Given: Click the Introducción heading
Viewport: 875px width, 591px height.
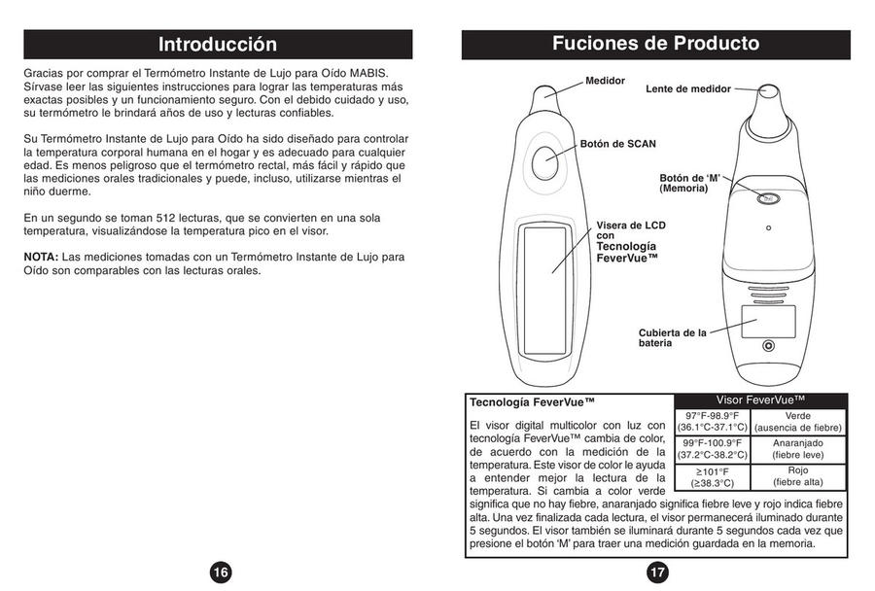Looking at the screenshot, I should pyautogui.click(x=218, y=45).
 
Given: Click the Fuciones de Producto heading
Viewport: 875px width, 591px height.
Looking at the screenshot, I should pyautogui.click(x=655, y=44).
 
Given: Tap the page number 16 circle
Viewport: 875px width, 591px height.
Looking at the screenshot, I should pyautogui.click(x=221, y=573).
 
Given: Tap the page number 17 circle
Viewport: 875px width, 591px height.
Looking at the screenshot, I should pyautogui.click(x=657, y=573).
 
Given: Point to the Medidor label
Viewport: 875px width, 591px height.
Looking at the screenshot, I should pyautogui.click(x=605, y=81).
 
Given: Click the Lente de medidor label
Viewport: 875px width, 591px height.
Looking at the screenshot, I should pyautogui.click(x=688, y=88).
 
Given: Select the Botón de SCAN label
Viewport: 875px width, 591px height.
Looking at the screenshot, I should pyautogui.click(x=618, y=144).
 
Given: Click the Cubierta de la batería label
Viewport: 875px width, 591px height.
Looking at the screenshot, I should pyautogui.click(x=672, y=338).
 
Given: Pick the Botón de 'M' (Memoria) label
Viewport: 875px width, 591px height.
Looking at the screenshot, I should pyautogui.click(x=689, y=183).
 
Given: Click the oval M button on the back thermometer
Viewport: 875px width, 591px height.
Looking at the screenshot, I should pyautogui.click(x=768, y=197).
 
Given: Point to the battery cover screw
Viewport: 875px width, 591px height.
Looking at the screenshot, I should pyautogui.click(x=768, y=346).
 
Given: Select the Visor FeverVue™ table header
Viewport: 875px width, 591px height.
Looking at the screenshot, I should pyautogui.click(x=760, y=400).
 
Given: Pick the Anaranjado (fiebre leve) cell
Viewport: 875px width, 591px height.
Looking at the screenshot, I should pyautogui.click(x=797, y=448).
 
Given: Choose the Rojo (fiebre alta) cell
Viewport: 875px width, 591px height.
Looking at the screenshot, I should pyautogui.click(x=797, y=476).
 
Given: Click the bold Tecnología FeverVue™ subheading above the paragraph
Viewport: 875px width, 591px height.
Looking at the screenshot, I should pyautogui.click(x=531, y=401).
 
